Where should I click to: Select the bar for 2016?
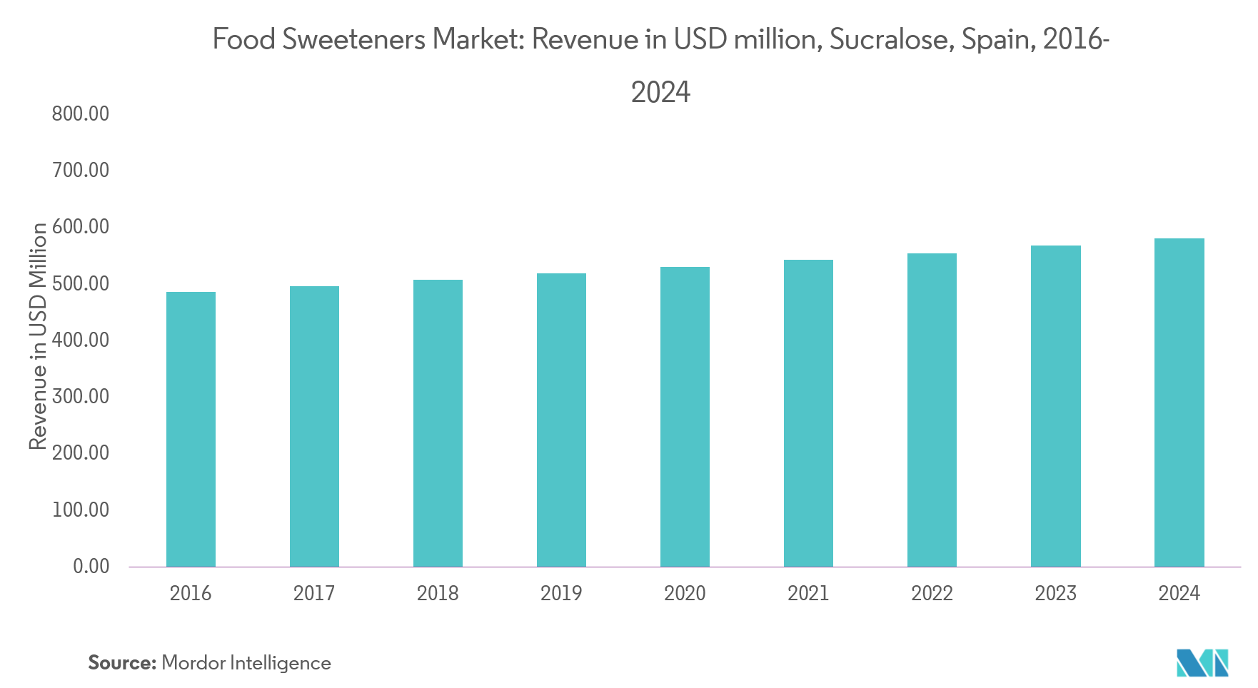pos(191,429)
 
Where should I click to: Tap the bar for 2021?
pos(808,413)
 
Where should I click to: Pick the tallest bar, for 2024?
pos(1179,403)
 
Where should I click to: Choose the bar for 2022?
pos(932,410)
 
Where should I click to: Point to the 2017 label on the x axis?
pos(314,593)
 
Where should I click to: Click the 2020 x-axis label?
pos(685,593)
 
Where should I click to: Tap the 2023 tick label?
pos(1055,593)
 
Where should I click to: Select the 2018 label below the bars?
pos(438,593)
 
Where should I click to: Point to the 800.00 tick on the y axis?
pos(81,113)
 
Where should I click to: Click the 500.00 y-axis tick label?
pos(81,283)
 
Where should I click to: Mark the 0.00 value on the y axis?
pos(91,566)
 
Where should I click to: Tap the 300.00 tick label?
pos(81,396)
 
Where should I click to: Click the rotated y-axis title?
pos(37,339)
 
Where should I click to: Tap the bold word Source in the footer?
pos(121,663)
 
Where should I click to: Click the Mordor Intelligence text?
pos(246,663)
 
